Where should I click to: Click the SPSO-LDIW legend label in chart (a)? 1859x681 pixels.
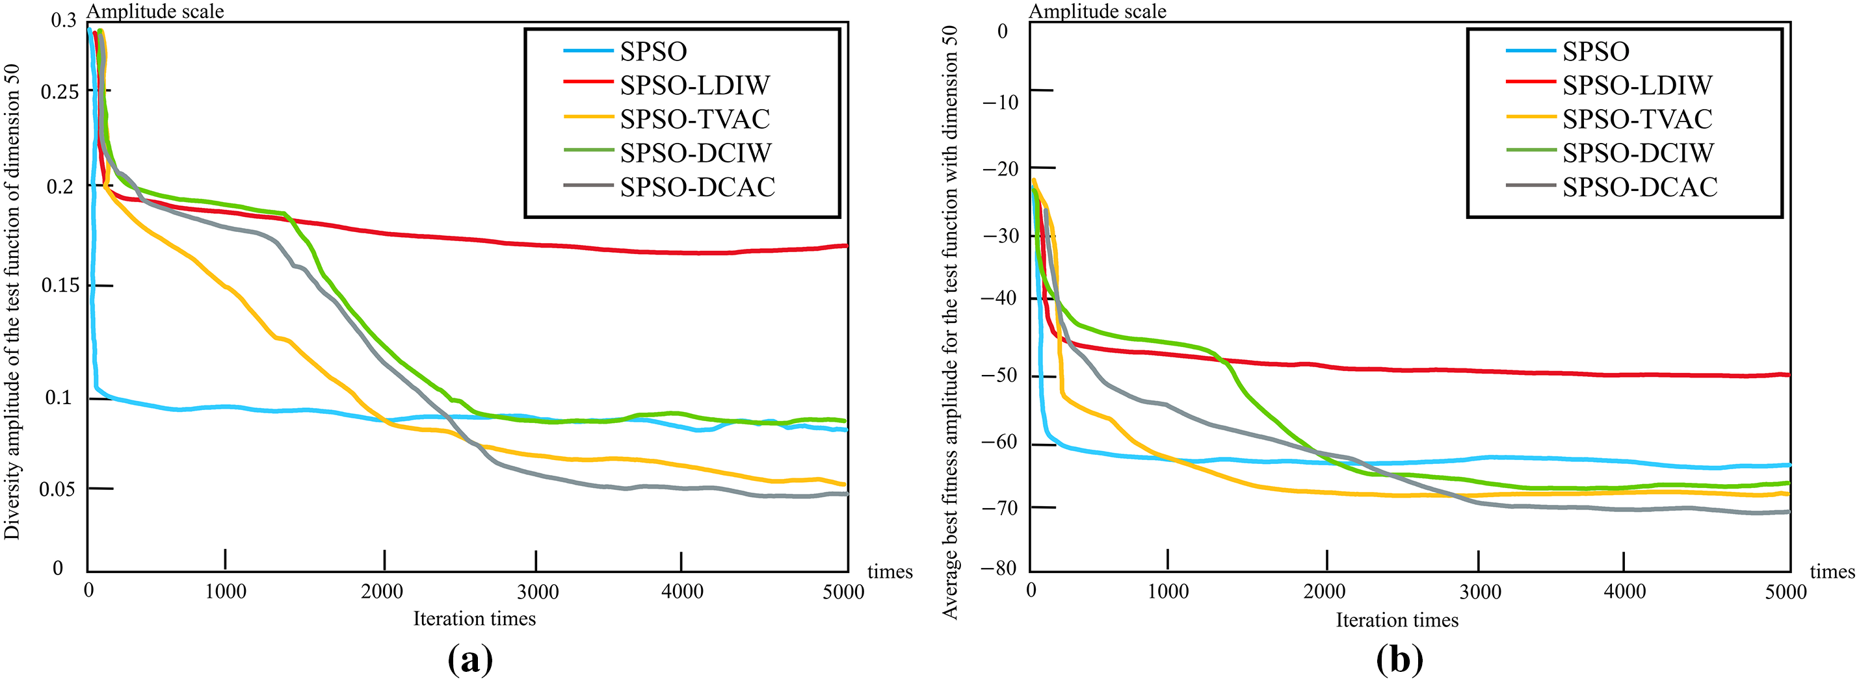tap(694, 85)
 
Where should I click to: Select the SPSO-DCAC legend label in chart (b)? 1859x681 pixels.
tap(1640, 187)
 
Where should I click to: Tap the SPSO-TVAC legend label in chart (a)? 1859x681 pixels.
tap(694, 119)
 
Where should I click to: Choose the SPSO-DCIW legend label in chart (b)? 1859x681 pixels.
tap(1637, 153)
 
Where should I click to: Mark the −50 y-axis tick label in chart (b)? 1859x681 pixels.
tap(1001, 375)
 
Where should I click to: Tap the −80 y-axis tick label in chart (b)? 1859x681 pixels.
tap(1001, 569)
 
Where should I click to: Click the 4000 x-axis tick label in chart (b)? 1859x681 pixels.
tap(1624, 592)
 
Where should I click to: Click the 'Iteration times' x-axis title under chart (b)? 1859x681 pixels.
tap(1397, 621)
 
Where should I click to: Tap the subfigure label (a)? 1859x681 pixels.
tap(471, 660)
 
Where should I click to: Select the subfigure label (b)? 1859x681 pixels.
tap(1399, 660)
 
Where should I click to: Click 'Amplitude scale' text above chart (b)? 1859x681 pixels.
tap(1097, 11)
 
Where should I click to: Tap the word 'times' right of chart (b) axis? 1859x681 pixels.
tap(1832, 572)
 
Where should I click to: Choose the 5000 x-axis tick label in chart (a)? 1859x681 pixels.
tap(843, 592)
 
